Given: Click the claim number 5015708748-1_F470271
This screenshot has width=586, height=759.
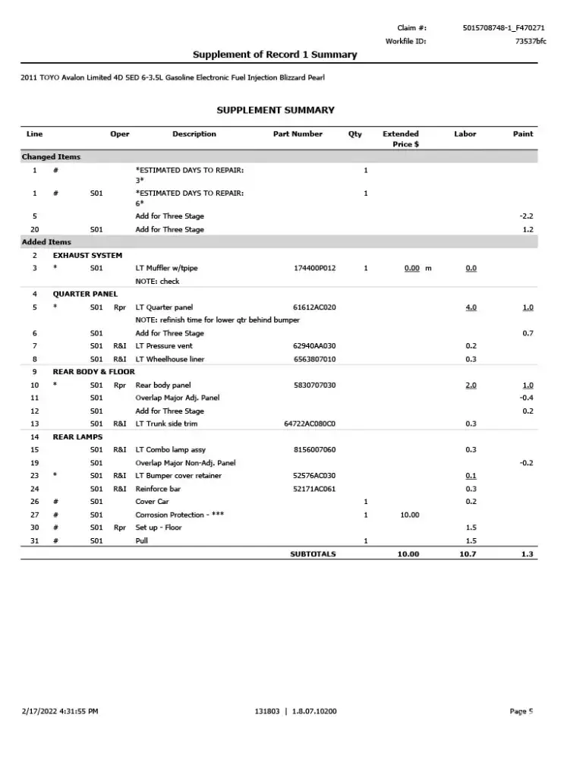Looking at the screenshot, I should (503, 28).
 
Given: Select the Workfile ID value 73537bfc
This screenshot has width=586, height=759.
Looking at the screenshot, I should (530, 41).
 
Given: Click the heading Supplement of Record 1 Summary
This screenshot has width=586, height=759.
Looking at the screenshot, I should (275, 55).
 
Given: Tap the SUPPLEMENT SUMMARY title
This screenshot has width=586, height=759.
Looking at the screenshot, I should (276, 110).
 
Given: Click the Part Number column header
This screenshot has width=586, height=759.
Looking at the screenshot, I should (298, 134).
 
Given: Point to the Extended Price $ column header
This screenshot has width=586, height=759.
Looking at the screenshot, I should (400, 138).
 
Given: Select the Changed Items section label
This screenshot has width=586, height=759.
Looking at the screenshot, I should (51, 157).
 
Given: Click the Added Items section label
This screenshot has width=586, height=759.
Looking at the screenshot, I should (46, 242).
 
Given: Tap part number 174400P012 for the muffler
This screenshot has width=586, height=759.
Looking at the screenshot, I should (314, 268).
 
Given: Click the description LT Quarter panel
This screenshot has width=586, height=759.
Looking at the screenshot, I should (164, 307).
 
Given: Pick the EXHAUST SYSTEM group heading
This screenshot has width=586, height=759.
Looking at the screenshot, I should (87, 255).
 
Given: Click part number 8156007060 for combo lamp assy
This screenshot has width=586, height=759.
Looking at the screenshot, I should (314, 450).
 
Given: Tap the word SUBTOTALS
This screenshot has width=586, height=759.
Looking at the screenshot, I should (313, 554).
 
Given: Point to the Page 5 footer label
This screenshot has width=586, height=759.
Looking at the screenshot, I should (521, 711).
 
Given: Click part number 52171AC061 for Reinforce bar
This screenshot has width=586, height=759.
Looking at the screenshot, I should (314, 489).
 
